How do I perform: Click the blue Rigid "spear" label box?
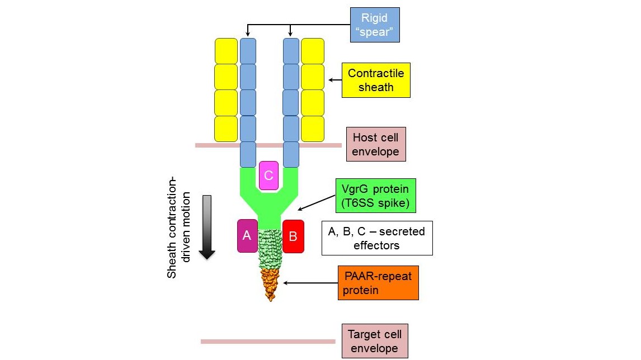click(375, 25)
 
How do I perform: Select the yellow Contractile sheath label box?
click(375, 80)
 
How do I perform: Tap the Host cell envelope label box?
click(376, 144)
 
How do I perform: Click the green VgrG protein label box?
click(375, 196)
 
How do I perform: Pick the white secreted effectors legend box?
click(377, 238)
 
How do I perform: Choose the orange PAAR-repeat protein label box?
click(378, 283)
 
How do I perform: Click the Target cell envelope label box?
click(374, 341)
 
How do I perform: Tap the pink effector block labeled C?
click(268, 176)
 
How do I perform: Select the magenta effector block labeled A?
click(247, 236)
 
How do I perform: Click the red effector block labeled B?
click(293, 236)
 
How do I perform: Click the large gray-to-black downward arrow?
click(207, 227)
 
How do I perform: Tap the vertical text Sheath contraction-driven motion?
click(179, 235)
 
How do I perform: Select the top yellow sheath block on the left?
click(227, 51)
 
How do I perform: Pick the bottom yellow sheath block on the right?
click(313, 129)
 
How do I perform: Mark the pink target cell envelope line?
click(268, 341)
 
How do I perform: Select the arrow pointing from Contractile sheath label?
click(334, 80)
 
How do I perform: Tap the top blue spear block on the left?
click(248, 51)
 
